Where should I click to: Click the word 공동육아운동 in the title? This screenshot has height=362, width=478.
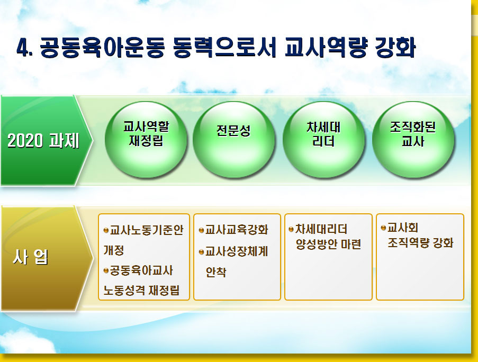pyautogui.click(x=102, y=48)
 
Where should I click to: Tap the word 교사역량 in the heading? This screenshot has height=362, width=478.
pyautogui.click(x=326, y=48)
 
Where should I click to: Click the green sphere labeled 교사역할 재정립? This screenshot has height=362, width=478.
pyautogui.click(x=146, y=139)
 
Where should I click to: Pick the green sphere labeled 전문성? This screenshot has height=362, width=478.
pyautogui.click(x=234, y=139)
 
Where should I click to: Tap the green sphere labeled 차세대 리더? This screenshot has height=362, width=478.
pyautogui.click(x=324, y=139)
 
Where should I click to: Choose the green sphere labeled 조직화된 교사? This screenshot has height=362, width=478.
pyautogui.click(x=413, y=139)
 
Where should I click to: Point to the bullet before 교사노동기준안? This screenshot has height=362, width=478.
pyautogui.click(x=106, y=230)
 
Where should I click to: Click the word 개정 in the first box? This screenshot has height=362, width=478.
pyautogui.click(x=114, y=250)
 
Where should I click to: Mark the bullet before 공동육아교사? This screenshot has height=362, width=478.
pyautogui.click(x=106, y=270)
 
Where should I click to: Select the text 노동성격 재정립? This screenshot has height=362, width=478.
pyautogui.click(x=141, y=291)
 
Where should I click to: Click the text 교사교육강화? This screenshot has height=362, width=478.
pyautogui.click(x=237, y=230)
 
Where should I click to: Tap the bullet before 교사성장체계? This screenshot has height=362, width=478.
pyautogui.click(x=201, y=252)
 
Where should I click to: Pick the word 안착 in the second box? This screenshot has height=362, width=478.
pyautogui.click(x=216, y=272)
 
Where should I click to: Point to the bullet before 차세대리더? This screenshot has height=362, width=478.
pyautogui.click(x=291, y=229)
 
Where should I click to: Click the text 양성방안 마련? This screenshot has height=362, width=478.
pyautogui.click(x=328, y=244)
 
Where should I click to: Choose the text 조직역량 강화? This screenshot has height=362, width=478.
pyautogui.click(x=420, y=243)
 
